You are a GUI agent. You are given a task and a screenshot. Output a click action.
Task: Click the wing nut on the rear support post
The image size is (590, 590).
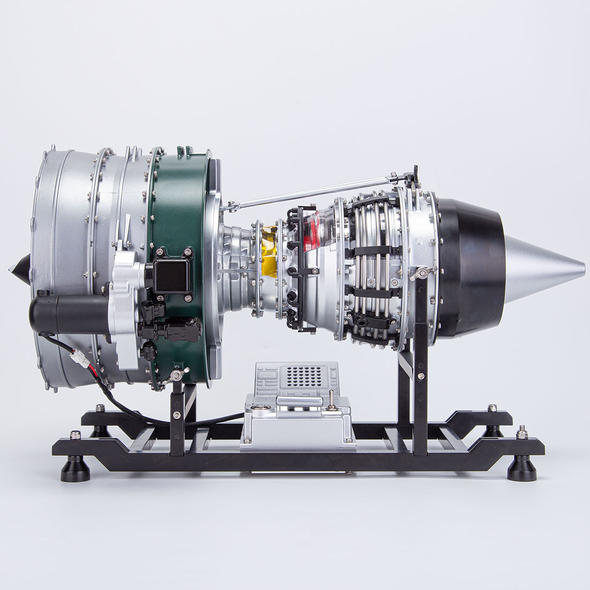[x=422, y=274]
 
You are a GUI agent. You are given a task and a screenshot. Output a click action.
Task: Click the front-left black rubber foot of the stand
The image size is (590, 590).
[x=75, y=469]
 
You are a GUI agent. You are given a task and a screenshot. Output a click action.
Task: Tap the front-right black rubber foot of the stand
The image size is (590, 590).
[x=521, y=469]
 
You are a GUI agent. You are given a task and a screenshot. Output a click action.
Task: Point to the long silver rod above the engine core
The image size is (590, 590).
[x=311, y=190]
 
